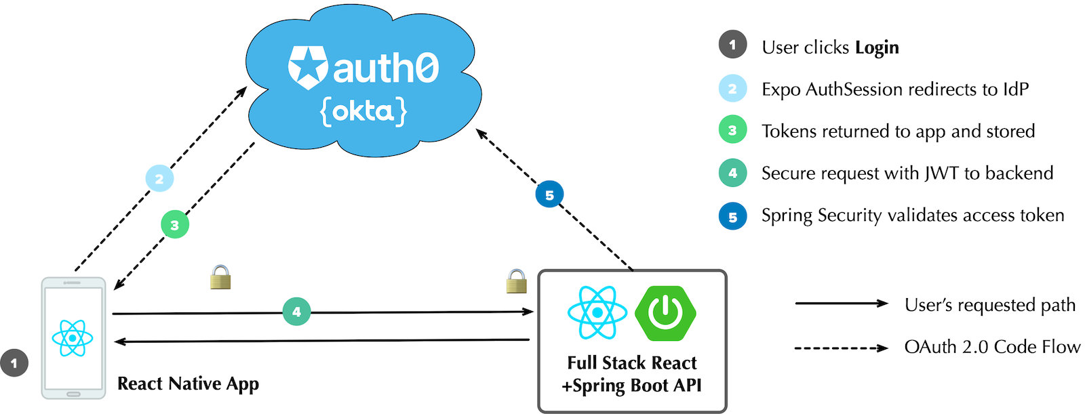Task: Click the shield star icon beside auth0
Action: pos(308,68)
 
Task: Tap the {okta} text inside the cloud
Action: pos(364,111)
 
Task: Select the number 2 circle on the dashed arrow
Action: pos(159,179)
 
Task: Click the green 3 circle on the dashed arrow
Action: pos(175,225)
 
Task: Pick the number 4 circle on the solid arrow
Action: pos(296,312)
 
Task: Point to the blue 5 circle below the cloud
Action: pos(549,195)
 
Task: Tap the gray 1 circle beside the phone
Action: pos(14,363)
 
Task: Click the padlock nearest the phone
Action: pos(220,277)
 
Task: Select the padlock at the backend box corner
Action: pos(517,281)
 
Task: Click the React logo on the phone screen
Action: pos(73,337)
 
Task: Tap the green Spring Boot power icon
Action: pos(665,312)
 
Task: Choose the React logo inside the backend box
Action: pos(597,312)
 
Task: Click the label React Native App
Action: pos(188,384)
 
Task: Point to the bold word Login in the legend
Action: pos(877,47)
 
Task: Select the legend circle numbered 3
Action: pos(732,131)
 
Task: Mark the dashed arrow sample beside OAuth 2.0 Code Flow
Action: pos(841,348)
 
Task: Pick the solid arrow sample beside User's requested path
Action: pos(841,304)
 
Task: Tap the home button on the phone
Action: pos(73,394)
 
